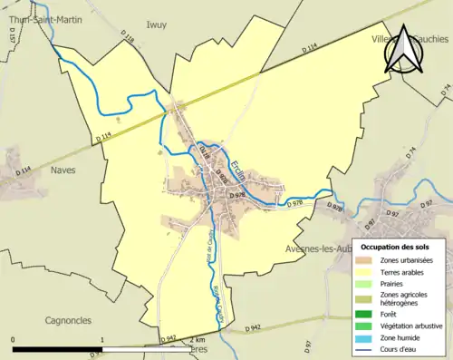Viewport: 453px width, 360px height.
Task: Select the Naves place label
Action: [64, 170]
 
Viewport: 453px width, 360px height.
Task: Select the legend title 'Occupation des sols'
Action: [394, 246]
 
